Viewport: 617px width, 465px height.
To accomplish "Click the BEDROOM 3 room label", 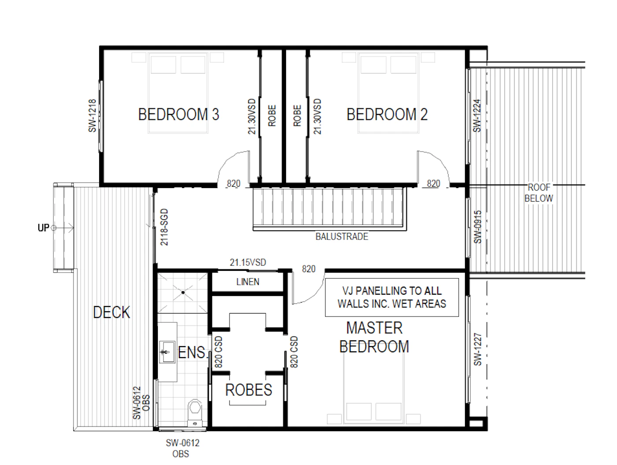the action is (x=178, y=114).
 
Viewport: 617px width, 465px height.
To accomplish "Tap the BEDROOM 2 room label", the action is (x=387, y=114).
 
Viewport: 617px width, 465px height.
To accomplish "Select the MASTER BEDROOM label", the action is (x=374, y=337).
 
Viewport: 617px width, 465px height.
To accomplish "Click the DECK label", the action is (x=112, y=312).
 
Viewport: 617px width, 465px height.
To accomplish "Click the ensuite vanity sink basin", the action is (x=167, y=352).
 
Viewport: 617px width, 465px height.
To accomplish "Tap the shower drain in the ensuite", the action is (x=183, y=292).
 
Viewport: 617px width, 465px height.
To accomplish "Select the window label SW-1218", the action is (x=92, y=116).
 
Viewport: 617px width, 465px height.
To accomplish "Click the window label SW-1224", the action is (x=477, y=116).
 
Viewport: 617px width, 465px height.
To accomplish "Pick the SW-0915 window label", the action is (x=478, y=227).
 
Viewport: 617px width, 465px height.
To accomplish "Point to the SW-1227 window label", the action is (x=478, y=349).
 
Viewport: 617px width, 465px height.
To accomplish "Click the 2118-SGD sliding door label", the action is (x=164, y=227).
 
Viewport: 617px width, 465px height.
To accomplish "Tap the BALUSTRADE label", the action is (x=342, y=237).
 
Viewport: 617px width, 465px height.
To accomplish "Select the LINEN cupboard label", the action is (x=248, y=282).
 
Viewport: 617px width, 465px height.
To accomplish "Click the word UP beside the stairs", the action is (x=44, y=228).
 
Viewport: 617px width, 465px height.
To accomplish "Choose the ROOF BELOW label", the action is (x=539, y=193).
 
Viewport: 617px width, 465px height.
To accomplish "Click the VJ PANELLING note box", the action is (x=392, y=297).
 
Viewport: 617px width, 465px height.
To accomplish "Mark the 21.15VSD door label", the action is (x=248, y=262).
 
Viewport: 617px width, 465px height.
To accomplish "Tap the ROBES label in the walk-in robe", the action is (x=249, y=390).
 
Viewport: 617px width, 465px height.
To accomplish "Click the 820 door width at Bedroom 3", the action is (x=234, y=184).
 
